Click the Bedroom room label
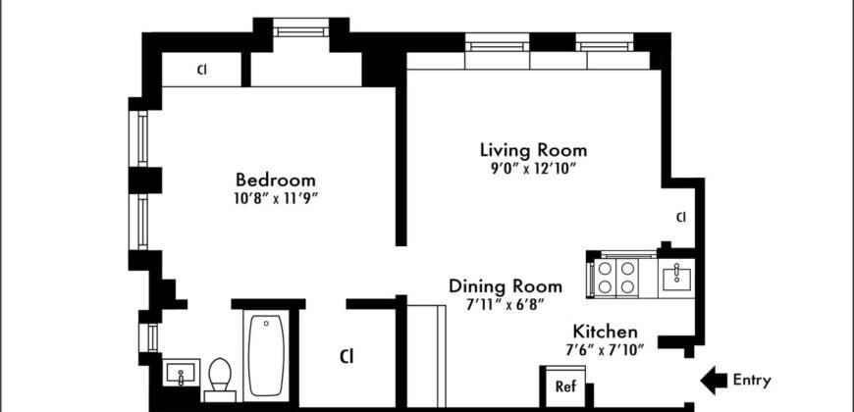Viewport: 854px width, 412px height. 276,180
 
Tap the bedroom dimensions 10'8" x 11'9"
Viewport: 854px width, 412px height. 276,198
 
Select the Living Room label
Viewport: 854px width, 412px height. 533,150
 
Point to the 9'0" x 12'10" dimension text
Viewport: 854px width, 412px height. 533,168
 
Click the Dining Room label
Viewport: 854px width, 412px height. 506,286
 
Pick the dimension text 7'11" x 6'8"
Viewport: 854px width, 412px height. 506,304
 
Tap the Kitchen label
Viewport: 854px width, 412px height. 606,333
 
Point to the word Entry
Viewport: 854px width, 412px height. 752,381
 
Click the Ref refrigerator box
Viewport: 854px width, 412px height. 565,386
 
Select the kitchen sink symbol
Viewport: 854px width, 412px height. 676,279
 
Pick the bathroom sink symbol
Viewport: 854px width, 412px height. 179,376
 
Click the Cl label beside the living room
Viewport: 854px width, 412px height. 680,217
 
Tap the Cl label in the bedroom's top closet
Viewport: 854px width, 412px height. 201,70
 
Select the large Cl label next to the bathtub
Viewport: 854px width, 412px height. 347,355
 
